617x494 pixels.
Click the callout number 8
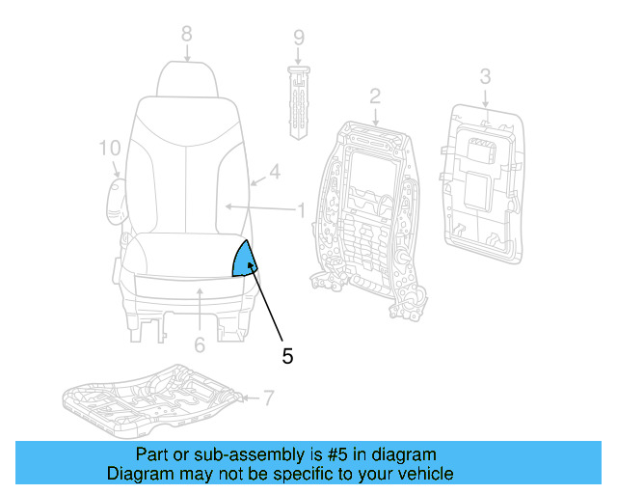point(187,34)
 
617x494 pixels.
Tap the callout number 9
point(299,39)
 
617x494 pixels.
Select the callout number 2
point(375,95)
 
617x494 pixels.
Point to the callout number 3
point(485,74)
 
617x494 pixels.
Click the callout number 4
point(275,173)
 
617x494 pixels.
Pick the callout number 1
point(301,208)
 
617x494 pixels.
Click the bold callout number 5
point(287,355)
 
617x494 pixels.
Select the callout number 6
point(200,344)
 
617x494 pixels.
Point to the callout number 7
point(269,397)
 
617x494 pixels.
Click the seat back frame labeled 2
point(369,207)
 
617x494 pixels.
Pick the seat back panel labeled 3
point(481,183)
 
